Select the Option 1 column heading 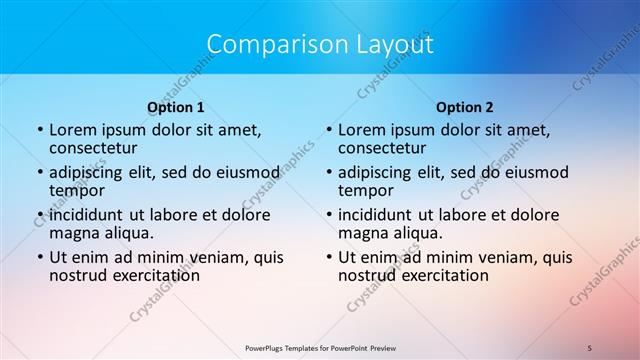pos(175,106)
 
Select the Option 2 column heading pos(465,106)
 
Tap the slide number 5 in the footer pos(591,347)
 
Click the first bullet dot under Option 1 pos(39,131)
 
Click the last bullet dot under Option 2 pos(328,257)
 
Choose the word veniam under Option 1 pos(212,257)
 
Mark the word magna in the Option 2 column pos(362,233)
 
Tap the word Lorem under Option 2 pos(362,130)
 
